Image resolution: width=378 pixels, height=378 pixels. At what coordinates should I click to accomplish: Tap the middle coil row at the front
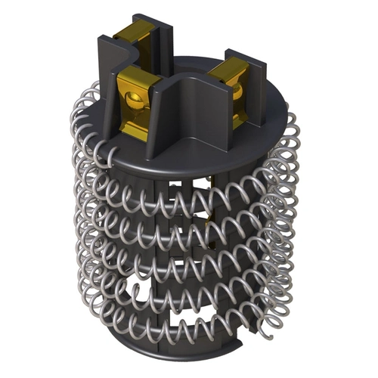[x=189, y=265]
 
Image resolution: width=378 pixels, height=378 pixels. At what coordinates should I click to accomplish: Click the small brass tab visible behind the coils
[x=209, y=222]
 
